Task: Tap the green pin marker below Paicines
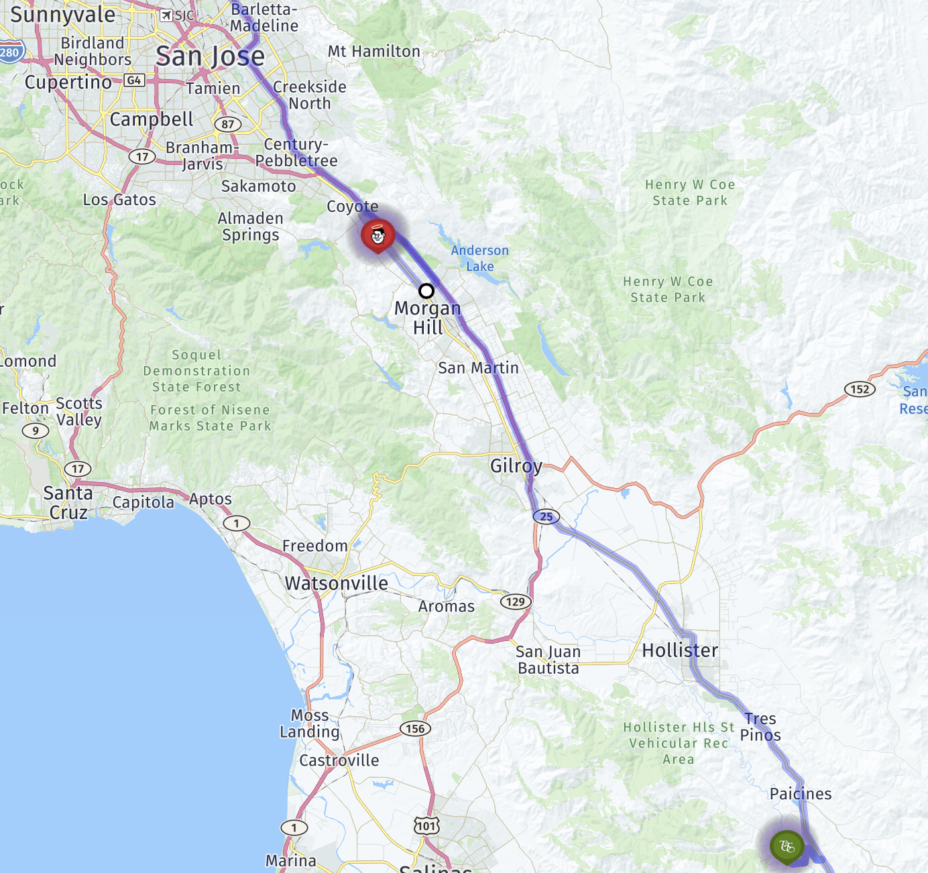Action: [787, 846]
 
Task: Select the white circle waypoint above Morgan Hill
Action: [426, 291]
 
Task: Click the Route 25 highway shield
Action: [546, 516]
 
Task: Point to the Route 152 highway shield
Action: [860, 389]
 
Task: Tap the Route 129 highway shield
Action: [516, 601]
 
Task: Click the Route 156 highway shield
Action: [415, 729]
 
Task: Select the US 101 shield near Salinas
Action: [426, 825]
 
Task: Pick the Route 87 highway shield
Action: [228, 124]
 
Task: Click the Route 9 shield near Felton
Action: [36, 430]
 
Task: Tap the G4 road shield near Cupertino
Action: [134, 80]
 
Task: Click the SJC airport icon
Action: [166, 15]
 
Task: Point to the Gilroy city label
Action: [516, 466]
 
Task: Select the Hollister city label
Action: [680, 650]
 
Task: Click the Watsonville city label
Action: [337, 583]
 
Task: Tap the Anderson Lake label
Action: [479, 258]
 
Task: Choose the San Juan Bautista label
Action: [548, 660]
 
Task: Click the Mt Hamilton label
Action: [374, 52]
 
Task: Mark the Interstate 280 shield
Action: [9, 52]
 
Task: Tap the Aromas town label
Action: [447, 607]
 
